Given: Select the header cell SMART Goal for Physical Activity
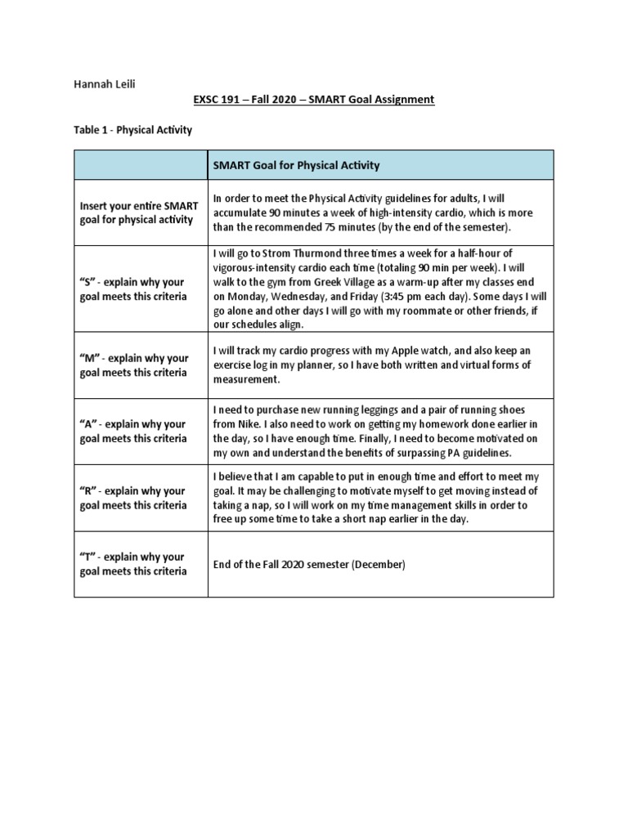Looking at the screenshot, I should [296, 165].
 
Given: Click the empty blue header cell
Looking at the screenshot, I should [141, 165].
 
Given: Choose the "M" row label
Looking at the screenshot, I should [134, 365].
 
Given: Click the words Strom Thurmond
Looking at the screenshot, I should [281, 253].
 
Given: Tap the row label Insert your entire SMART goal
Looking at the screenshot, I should [138, 212].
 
